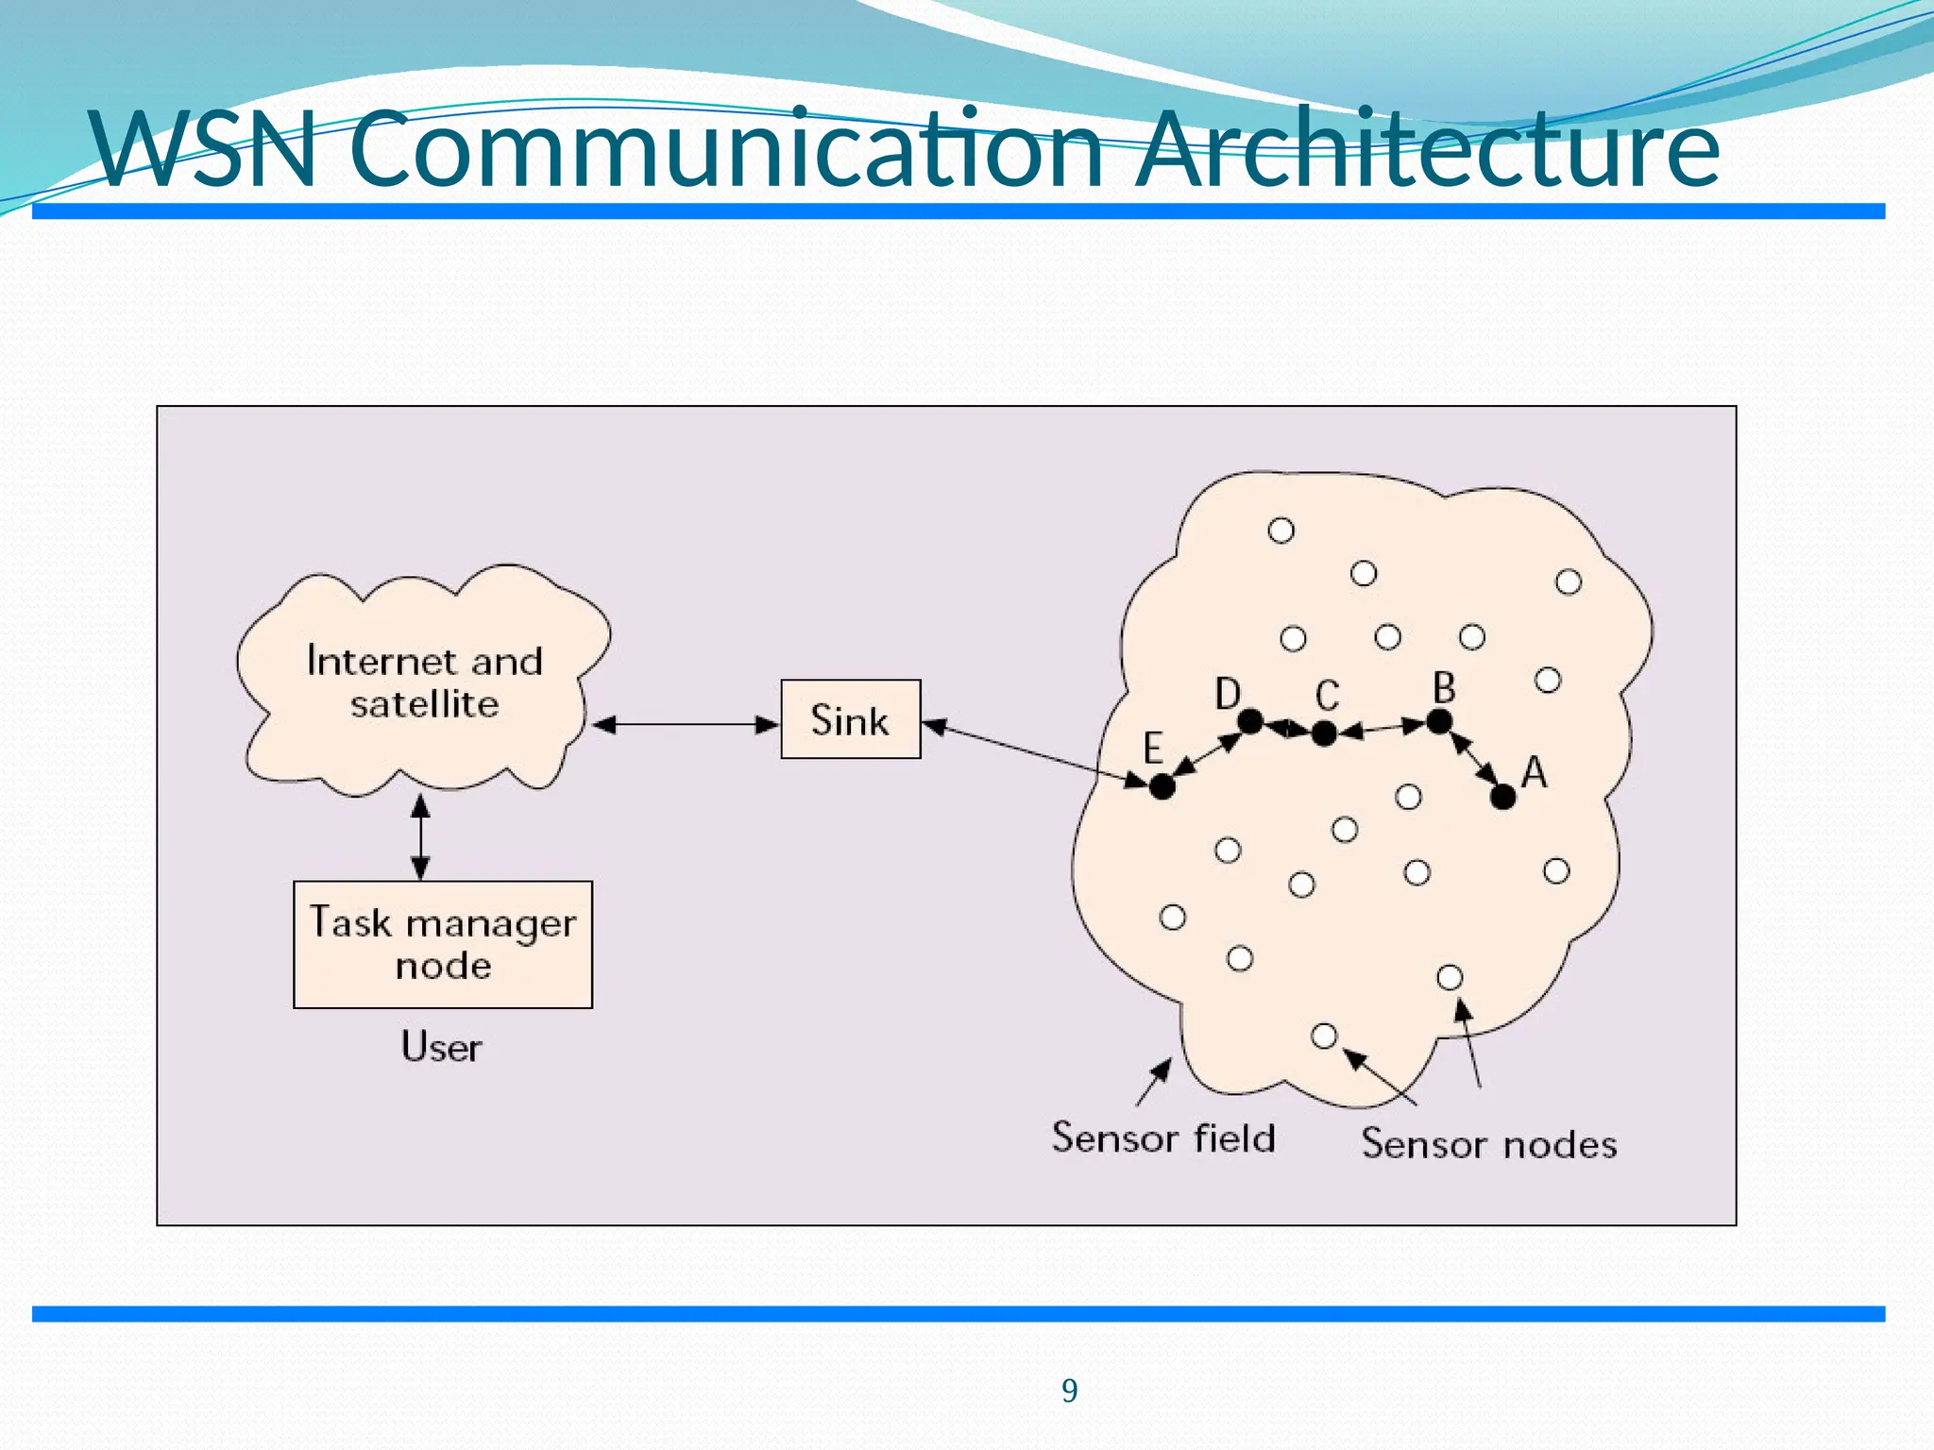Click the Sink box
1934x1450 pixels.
click(x=850, y=719)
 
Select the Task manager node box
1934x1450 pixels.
click(x=443, y=944)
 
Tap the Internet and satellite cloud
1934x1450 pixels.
click(x=424, y=682)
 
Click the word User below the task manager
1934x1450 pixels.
click(x=441, y=1047)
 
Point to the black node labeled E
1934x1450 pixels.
click(x=1162, y=785)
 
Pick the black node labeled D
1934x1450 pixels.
click(x=1250, y=722)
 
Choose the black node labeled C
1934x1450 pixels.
click(x=1324, y=733)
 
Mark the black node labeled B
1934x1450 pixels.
click(x=1438, y=722)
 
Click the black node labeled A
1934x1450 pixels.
click(x=1502, y=797)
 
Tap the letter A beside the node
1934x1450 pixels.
click(x=1535, y=773)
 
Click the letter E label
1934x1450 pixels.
click(x=1152, y=749)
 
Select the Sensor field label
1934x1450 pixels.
click(x=1163, y=1138)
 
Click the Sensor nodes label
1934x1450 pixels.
click(x=1488, y=1144)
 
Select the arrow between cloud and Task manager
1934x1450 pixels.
click(x=421, y=836)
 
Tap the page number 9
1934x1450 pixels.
click(x=1069, y=1391)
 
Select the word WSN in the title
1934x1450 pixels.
click(x=204, y=149)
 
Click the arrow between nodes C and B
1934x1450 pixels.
click(x=1382, y=728)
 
